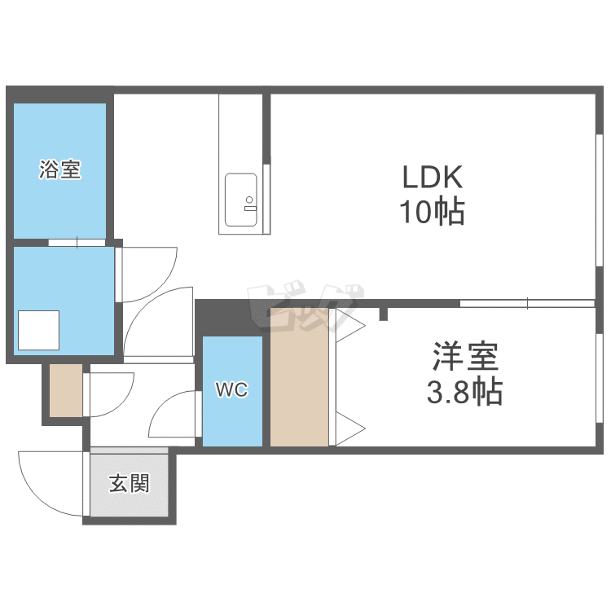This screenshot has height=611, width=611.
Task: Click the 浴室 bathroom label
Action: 59,169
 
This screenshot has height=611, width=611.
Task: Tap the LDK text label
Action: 432,178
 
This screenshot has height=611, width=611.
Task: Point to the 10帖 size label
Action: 432,212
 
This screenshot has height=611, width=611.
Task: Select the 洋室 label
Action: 465,356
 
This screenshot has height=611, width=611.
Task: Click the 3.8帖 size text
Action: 464,392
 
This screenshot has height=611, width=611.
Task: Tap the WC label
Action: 232,389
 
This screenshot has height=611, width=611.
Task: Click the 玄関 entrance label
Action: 129,483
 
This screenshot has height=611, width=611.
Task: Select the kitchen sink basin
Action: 241,200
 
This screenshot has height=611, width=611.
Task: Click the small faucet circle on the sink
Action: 249,200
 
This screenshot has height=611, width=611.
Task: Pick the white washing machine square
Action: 38,330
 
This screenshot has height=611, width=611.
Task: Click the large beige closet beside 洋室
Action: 299,377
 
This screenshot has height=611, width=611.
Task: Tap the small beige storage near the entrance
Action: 66,390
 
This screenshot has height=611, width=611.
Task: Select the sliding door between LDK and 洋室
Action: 527,303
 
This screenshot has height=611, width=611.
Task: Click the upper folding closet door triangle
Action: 350,325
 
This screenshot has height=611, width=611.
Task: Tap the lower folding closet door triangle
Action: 350,429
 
